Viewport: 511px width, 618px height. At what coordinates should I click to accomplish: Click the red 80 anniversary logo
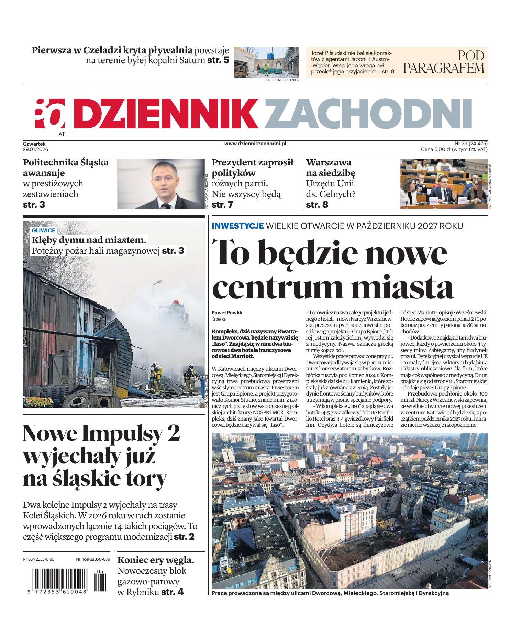[49, 114]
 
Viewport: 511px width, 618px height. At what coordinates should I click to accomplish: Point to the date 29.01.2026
[35, 149]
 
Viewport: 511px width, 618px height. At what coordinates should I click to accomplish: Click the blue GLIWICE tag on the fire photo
[43, 231]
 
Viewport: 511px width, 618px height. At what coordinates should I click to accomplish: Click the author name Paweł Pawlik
[227, 313]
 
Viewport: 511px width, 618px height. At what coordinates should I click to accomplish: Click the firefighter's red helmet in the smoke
[177, 302]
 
